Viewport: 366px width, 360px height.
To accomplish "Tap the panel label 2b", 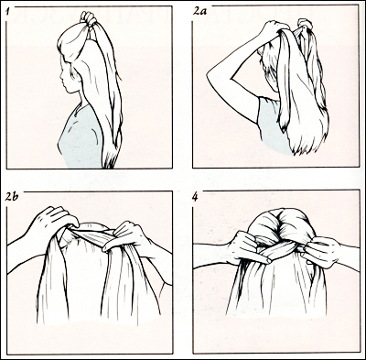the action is point(12,197).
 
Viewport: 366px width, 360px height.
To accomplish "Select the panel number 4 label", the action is point(195,197).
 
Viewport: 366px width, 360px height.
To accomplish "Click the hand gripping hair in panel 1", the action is point(88,17).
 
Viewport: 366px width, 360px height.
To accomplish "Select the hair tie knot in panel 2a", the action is point(305,25).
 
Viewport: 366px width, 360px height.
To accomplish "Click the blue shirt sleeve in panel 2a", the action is point(265,116).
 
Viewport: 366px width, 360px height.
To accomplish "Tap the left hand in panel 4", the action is point(247,247).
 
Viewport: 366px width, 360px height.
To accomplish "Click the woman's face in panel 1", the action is point(67,76).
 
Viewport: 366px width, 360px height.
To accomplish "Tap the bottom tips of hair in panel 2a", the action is point(305,147).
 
